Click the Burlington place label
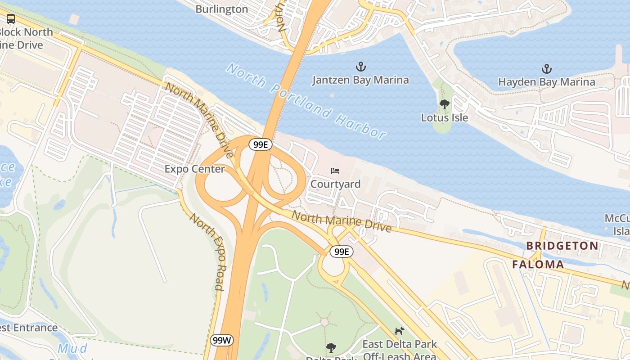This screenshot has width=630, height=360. [x=221, y=9]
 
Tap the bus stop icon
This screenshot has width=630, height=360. [x=11, y=19]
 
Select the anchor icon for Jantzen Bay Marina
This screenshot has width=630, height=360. [x=360, y=67]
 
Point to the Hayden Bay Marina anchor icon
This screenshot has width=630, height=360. [x=546, y=69]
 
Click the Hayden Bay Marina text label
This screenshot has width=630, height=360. [x=546, y=82]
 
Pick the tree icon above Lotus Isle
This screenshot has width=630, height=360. [x=445, y=104]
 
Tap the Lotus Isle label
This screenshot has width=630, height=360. [x=445, y=118]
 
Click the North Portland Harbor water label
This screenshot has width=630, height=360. [x=306, y=101]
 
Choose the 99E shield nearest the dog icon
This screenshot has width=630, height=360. [x=342, y=252]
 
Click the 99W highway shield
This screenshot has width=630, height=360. [x=222, y=340]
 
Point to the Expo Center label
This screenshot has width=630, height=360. [x=194, y=169]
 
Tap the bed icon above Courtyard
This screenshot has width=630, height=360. [x=335, y=171]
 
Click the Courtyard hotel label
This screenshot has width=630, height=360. [x=335, y=184]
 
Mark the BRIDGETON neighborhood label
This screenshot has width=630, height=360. [x=562, y=246]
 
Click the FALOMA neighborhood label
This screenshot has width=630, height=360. [x=538, y=265]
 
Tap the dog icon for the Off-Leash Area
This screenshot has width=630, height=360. [x=399, y=331]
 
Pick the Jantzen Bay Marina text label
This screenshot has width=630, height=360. [x=360, y=80]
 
